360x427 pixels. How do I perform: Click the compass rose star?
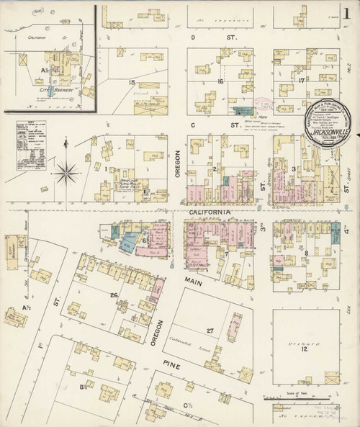67,172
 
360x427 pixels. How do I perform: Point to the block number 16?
221,82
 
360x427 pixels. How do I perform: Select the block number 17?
300,81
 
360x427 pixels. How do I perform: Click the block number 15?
132,83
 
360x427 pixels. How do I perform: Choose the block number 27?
211,330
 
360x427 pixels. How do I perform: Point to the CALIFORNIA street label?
210,213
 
